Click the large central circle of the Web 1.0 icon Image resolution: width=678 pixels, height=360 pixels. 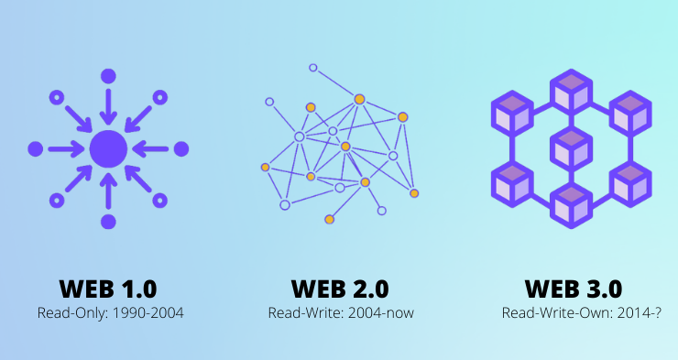point(108,148)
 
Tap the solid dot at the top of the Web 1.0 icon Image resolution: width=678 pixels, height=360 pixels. point(108,75)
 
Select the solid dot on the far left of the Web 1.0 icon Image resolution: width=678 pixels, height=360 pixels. point(36,148)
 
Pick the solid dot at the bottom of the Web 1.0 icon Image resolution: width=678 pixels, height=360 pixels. point(108,221)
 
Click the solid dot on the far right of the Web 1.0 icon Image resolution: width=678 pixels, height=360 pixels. point(180,148)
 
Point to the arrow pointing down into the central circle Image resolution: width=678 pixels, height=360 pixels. point(108,106)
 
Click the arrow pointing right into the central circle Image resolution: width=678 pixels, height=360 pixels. point(66,148)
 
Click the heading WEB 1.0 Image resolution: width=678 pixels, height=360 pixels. point(107,289)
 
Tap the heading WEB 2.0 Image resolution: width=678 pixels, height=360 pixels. point(340,289)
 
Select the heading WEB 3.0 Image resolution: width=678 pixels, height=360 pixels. point(573,289)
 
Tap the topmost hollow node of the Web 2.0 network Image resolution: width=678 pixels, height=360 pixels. point(312,68)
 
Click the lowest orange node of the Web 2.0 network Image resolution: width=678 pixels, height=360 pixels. point(329,220)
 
